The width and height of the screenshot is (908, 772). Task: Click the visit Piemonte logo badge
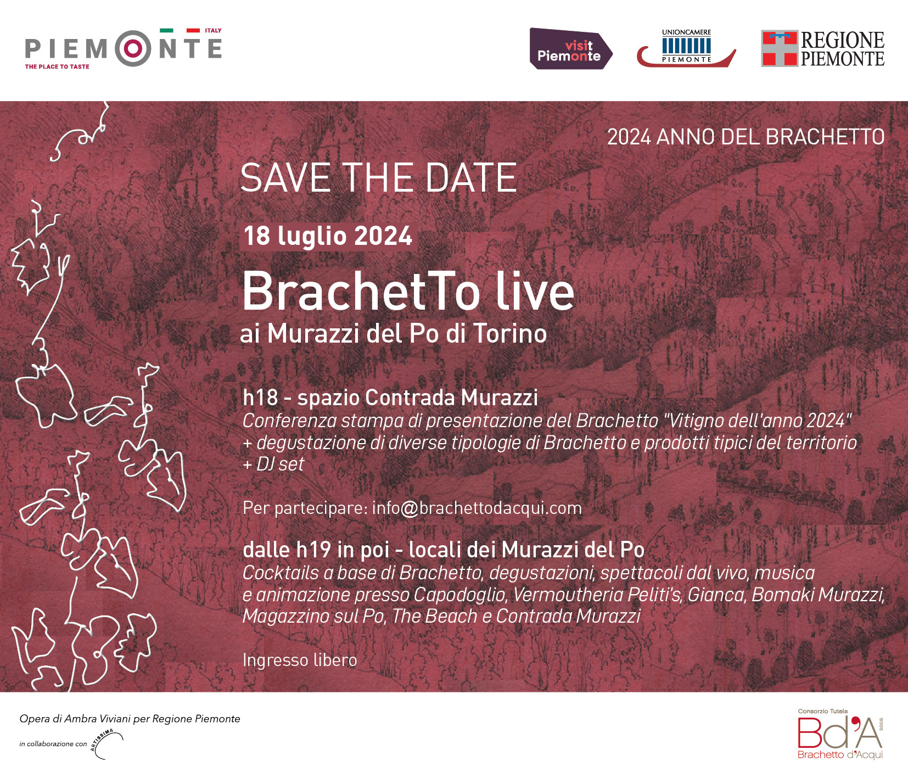[x=571, y=49]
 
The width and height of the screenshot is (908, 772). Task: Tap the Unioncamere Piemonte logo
[x=686, y=48]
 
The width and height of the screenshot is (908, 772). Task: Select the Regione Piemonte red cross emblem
[x=779, y=48]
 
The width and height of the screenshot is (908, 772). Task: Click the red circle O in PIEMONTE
[x=133, y=49]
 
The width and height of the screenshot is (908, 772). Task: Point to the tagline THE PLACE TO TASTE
[x=57, y=66]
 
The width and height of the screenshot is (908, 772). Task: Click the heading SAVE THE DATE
[x=379, y=178]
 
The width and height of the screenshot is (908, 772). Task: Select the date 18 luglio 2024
[x=328, y=236]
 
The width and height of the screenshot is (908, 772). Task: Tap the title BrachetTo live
[x=408, y=291]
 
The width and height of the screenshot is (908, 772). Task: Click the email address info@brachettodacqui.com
[x=477, y=508]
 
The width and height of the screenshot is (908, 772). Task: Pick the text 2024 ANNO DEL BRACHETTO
[x=746, y=137]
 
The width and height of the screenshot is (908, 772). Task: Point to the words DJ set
[x=280, y=465]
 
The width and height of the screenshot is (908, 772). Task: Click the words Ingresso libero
[x=300, y=660]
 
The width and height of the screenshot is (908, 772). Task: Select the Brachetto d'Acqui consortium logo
[x=840, y=734]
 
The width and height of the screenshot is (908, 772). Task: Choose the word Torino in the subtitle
[x=510, y=333]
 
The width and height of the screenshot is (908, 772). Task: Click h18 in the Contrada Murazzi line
[x=260, y=398]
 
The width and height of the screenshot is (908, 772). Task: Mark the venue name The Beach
[x=435, y=617]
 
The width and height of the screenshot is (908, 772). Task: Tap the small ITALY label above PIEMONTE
[x=213, y=31]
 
